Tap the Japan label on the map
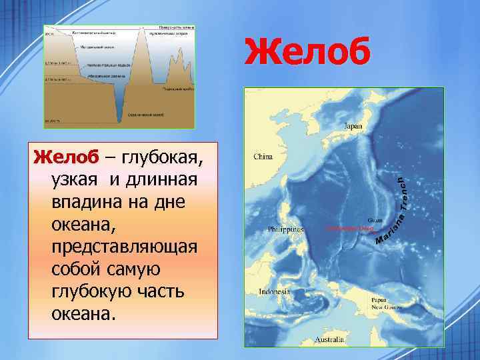pyautogui.click(x=353, y=125)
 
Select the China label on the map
pyautogui.click(x=263, y=158)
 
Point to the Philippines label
pyautogui.click(x=285, y=229)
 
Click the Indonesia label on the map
pyautogui.click(x=274, y=292)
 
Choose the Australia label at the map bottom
pyautogui.click(x=329, y=341)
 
